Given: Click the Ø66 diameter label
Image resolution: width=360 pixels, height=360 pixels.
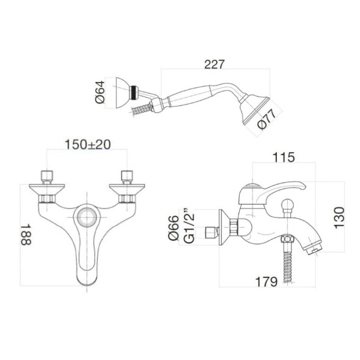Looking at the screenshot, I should pyautogui.click(x=173, y=226).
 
